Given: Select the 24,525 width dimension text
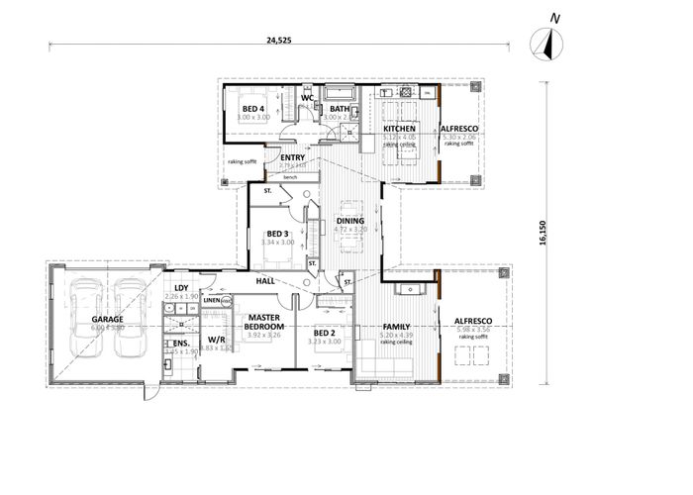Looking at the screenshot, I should click(280, 41).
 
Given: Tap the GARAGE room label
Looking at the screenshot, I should click(107, 320).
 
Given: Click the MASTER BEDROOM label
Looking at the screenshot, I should click(265, 321).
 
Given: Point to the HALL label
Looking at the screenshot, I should click(265, 281).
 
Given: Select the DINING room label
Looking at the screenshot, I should click(350, 221).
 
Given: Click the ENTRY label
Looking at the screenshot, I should click(292, 156).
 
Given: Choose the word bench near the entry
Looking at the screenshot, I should click(290, 177).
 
